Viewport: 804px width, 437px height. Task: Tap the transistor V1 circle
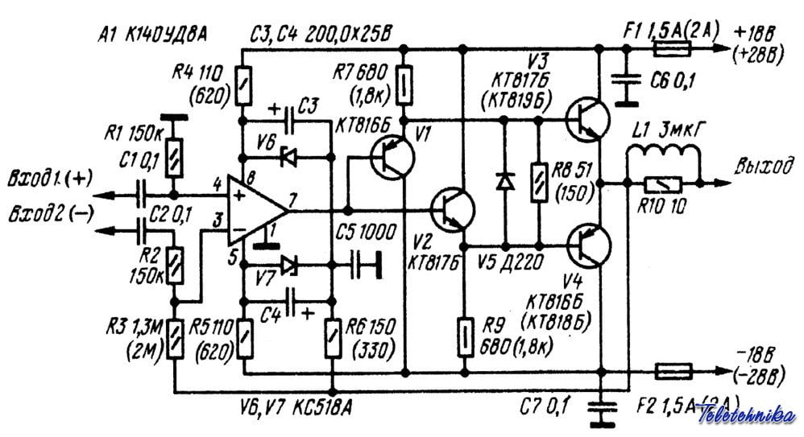392,154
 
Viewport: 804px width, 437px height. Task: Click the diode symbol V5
505,182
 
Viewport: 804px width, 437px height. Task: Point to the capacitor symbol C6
623,80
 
